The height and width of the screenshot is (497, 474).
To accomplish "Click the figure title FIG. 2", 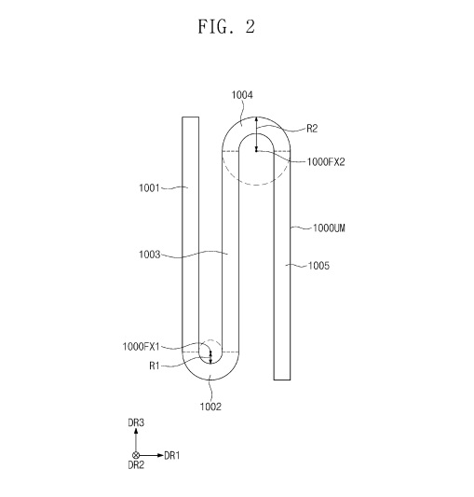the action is pos(226,26).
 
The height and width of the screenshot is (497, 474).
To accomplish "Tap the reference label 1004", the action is pos(242,95).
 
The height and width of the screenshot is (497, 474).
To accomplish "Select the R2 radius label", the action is pos(312,129).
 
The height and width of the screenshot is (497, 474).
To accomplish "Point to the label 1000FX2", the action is pos(326,162).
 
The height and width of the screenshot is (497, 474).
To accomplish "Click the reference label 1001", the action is pos(149,188).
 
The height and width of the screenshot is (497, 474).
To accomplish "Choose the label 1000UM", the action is pos(329,228).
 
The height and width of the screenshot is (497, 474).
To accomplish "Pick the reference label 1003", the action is pos(149,255).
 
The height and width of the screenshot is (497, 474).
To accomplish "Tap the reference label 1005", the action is pos(318,266).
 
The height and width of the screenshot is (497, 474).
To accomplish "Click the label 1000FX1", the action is pos(141,347).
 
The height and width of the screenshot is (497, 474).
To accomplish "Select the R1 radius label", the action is pos(155,366).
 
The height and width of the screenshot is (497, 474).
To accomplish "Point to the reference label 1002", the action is pos(210,407).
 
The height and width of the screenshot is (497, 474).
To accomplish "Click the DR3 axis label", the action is pos(136,422).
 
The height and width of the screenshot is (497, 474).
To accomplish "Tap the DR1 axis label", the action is pos(172,455).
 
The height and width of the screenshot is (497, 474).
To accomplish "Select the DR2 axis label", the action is pos(136,465).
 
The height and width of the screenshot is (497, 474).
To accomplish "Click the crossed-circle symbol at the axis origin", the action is pos(136,455).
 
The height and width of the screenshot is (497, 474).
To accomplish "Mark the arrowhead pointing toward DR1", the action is pos(160,455).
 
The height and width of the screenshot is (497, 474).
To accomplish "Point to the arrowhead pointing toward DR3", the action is pos(136,431).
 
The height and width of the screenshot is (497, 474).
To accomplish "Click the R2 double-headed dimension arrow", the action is pos(256,134).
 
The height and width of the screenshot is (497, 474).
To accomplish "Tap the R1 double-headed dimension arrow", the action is pos(210,357).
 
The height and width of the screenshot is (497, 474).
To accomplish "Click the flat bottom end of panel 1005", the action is pos(282,380).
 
